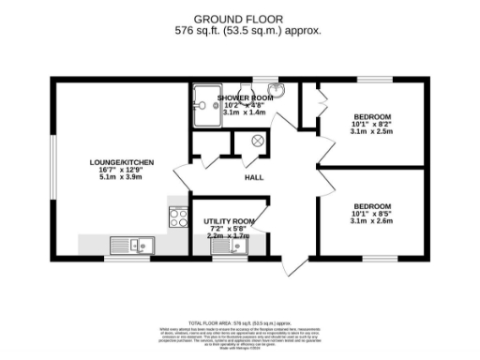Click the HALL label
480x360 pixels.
(x=253, y=177)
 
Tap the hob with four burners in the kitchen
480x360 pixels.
(x=177, y=217)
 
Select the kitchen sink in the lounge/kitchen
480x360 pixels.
(x=130, y=246)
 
